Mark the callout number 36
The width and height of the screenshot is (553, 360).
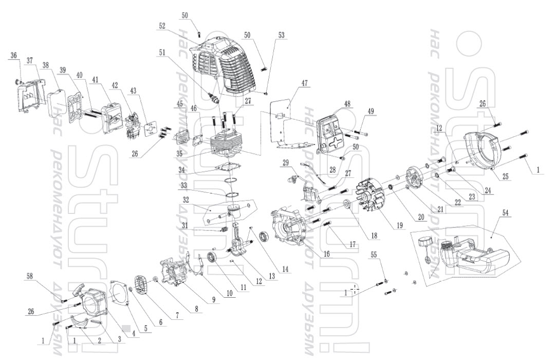[x=13, y=55]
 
